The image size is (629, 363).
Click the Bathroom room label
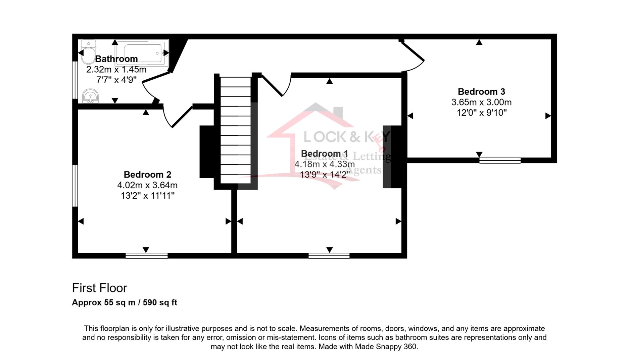click(x=116, y=59)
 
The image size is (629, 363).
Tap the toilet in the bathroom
click(x=88, y=52)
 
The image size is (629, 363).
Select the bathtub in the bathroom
click(x=142, y=53)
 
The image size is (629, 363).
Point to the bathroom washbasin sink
click(x=90, y=96)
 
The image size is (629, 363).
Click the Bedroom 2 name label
click(x=147, y=175)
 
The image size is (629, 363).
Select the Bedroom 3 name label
click(x=481, y=92)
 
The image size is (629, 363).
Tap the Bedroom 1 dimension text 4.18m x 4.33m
click(x=325, y=164)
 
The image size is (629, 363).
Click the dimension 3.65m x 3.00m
click(x=481, y=102)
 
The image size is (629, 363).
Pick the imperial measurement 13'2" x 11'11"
click(x=147, y=196)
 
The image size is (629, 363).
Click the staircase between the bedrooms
click(x=236, y=130)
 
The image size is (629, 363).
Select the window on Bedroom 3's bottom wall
click(x=500, y=160)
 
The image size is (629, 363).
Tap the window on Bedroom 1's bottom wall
click(x=329, y=256)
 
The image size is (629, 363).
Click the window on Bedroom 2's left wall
click(x=75, y=186)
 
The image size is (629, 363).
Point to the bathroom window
click(x=75, y=80)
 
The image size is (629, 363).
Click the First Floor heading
click(x=100, y=288)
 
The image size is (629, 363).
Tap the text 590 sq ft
click(x=160, y=302)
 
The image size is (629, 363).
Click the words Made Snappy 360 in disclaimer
click(x=386, y=347)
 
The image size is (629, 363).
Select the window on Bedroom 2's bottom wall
click(x=147, y=256)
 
